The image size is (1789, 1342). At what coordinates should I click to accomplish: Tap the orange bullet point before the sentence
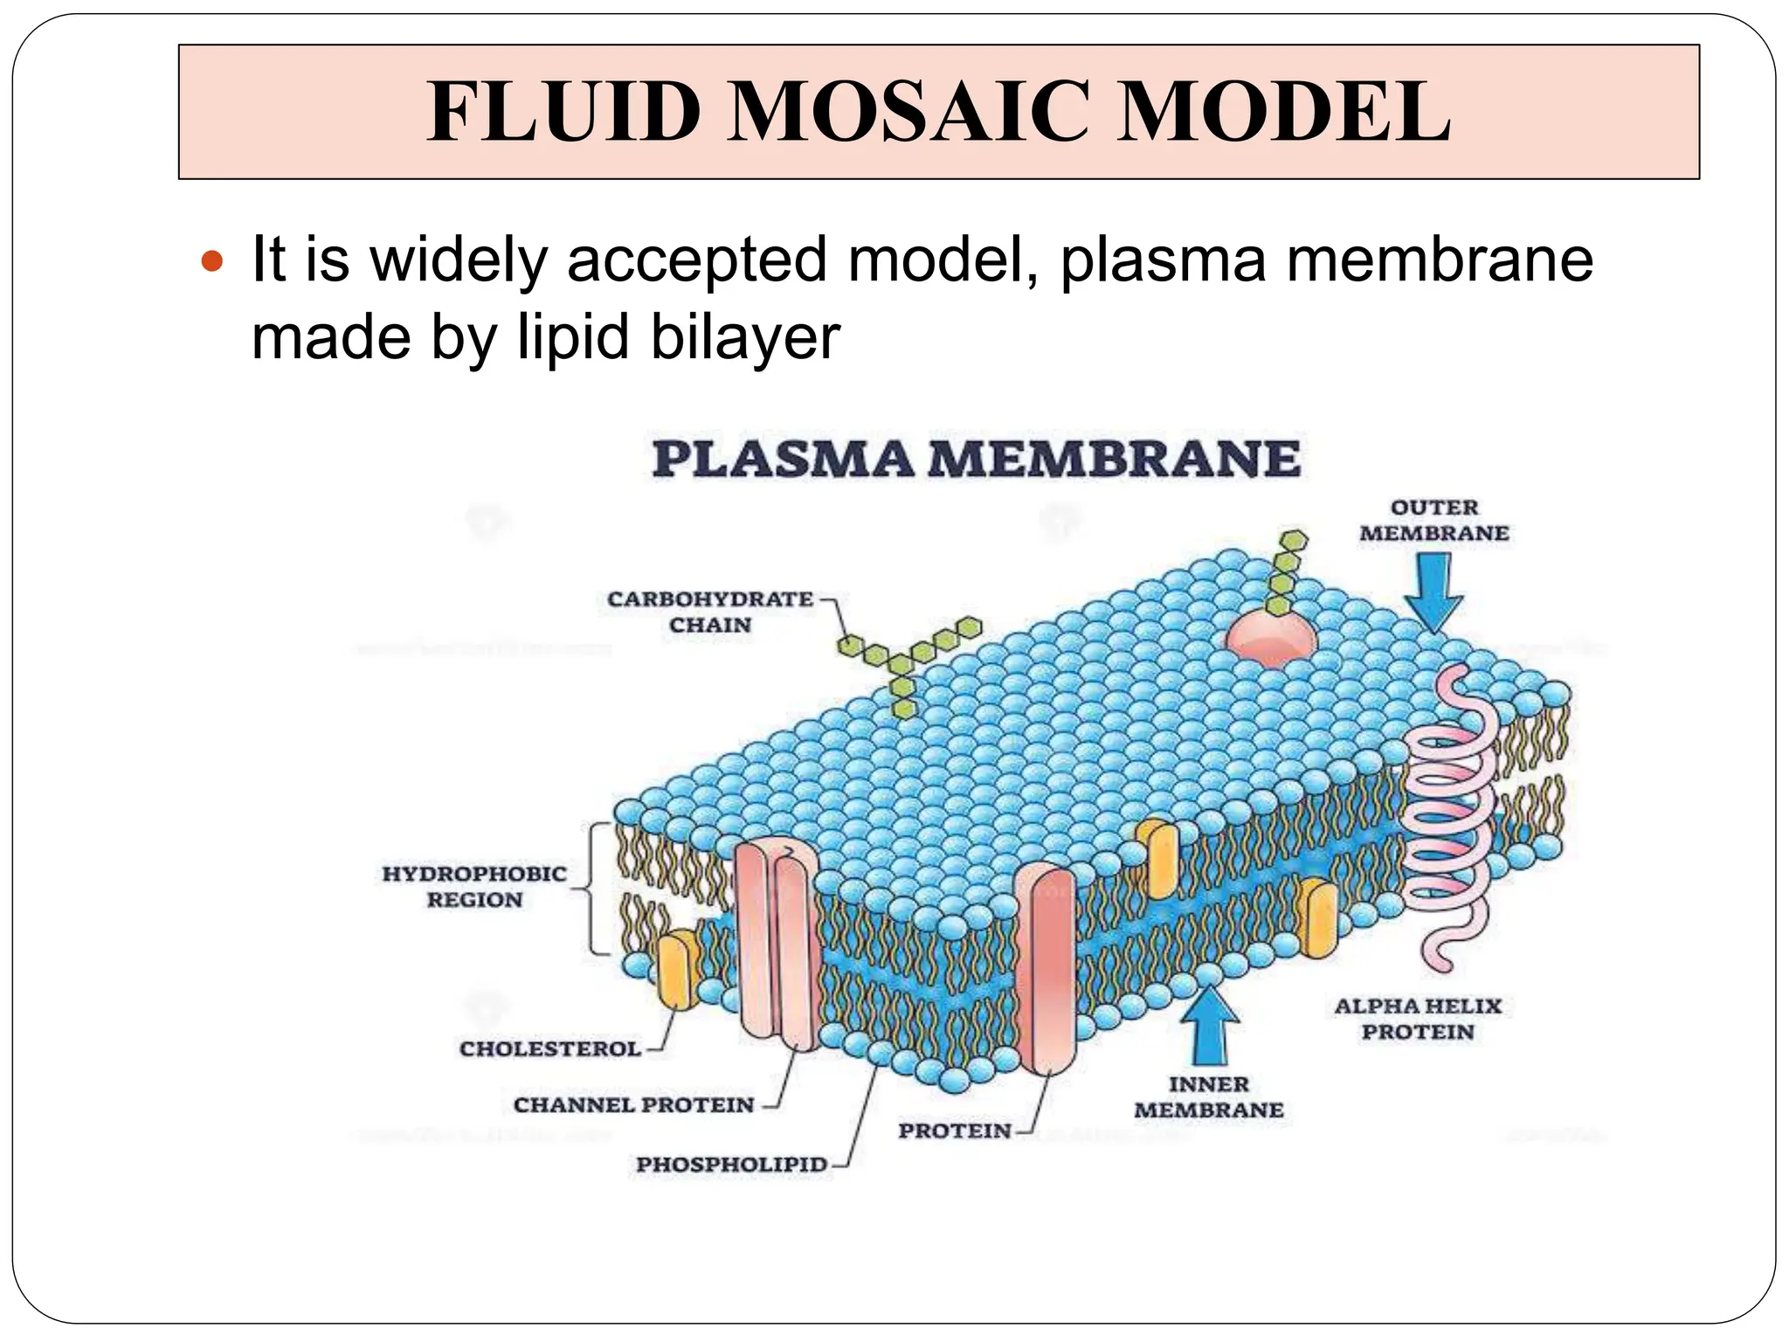212,260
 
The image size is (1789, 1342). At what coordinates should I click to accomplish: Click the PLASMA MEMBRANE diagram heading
976,459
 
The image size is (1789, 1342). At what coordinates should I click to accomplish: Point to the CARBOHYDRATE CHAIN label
710,612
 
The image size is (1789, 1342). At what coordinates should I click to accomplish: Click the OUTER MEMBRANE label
1433,520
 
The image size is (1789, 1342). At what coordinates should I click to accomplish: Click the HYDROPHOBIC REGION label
474,886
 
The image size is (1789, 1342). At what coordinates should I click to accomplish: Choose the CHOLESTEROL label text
550,1048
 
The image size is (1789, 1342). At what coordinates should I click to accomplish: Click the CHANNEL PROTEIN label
633,1105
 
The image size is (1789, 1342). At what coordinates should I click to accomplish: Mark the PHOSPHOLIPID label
731,1165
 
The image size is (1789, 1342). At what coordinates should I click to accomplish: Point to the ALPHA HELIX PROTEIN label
1418,1019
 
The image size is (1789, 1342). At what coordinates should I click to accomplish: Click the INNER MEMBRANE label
1209,1097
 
